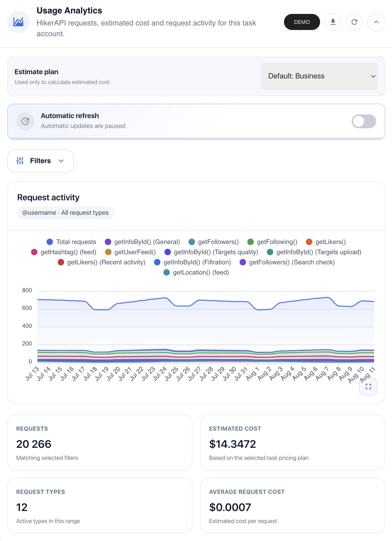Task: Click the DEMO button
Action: coord(302,22)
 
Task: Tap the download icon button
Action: coord(333,22)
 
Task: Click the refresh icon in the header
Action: coord(354,22)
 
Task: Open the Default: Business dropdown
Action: coord(319,76)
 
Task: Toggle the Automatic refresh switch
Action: coord(364,121)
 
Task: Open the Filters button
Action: coord(41,161)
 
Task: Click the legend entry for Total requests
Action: coord(71,242)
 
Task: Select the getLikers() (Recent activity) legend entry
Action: coord(102,262)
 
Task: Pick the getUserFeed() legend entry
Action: coord(130,252)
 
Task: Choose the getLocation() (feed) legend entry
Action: coord(196,272)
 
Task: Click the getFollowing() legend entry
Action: coord(272,242)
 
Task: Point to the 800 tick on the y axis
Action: coord(27,290)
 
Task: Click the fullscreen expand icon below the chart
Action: coord(368,386)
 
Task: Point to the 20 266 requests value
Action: coord(34,444)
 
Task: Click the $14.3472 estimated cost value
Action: coord(232,444)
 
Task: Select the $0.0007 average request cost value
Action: coord(230,507)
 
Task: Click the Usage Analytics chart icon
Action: coord(18,22)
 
